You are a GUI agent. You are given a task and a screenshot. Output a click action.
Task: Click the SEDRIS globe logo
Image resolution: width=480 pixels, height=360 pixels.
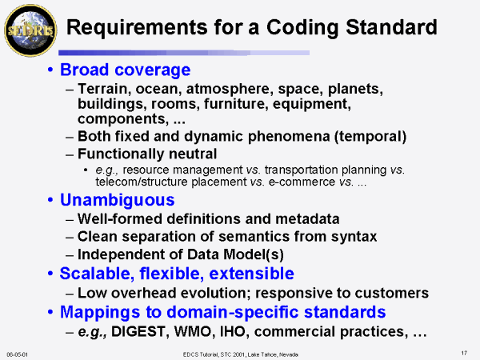[x=30, y=30]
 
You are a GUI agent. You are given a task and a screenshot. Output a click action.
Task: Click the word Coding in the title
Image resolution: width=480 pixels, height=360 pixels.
[x=302, y=28]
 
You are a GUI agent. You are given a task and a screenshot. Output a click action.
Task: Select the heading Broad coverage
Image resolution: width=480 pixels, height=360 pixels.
[x=126, y=70]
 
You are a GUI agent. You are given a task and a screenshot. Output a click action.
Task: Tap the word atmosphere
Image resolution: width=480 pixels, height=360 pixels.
[x=230, y=90]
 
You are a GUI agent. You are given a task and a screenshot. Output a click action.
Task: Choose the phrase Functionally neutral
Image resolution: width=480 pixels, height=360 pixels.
[x=147, y=154]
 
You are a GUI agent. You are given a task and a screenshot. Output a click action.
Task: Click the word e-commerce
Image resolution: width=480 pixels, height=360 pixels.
[x=302, y=182]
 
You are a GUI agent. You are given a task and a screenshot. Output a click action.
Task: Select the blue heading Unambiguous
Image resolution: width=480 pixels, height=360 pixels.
[x=118, y=201]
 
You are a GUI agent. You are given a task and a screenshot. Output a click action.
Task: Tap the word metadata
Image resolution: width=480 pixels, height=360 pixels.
[x=307, y=219]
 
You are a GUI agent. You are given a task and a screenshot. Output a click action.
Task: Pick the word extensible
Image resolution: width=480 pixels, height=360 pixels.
[x=252, y=274]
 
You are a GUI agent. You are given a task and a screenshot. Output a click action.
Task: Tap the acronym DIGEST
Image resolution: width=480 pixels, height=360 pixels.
[x=139, y=331]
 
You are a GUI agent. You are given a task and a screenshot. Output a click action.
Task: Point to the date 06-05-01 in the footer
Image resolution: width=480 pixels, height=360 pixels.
[x=17, y=354]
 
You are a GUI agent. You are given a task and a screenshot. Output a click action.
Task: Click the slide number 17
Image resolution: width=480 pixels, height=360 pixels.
[x=464, y=354]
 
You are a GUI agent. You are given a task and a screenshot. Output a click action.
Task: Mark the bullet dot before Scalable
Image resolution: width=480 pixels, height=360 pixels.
[x=50, y=274]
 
